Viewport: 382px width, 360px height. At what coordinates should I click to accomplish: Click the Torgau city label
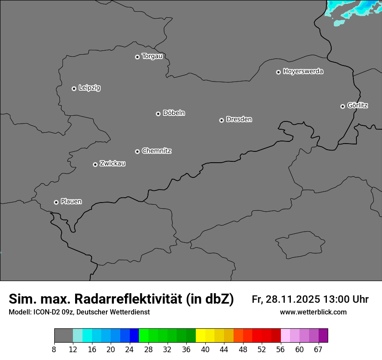[x=152, y=56]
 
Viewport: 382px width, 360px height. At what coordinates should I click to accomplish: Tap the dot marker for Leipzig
[x=74, y=88]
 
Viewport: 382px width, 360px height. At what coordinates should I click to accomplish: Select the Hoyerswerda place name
[x=303, y=72]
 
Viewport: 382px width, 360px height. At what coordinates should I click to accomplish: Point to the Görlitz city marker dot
[x=342, y=106]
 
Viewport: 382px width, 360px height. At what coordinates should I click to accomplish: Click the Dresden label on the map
[x=239, y=119]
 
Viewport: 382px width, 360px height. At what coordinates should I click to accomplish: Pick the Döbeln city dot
[x=158, y=114]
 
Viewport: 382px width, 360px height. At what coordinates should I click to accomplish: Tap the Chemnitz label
[x=156, y=151]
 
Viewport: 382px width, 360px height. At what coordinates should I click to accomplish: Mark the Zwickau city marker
[x=95, y=164]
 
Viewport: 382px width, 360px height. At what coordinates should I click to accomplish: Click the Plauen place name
[x=71, y=202]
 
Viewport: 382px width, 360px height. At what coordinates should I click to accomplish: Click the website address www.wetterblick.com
[x=313, y=312]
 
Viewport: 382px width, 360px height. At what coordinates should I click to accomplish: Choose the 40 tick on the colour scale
[x=205, y=350]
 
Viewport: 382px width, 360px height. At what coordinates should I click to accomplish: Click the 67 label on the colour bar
[x=318, y=350]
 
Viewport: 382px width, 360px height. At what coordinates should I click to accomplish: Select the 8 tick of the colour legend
[x=54, y=350]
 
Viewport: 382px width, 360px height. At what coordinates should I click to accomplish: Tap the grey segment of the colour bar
[x=63, y=335]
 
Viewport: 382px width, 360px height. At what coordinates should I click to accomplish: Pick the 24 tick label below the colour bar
[x=129, y=350]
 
